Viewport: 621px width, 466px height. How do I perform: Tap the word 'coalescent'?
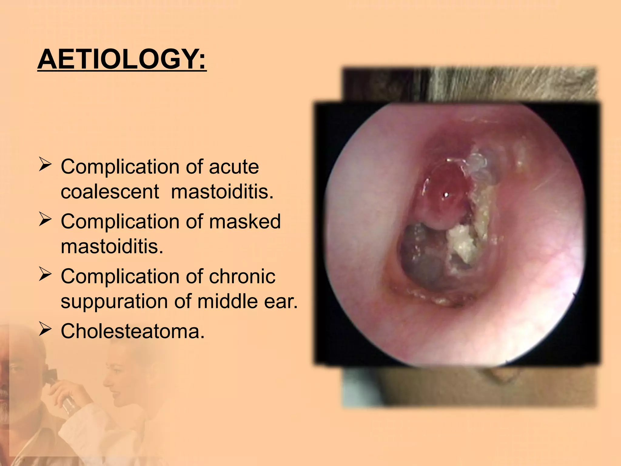tap(110, 192)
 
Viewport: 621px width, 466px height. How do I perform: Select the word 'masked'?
tap(245, 221)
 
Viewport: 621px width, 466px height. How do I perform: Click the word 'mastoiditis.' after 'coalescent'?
tap(222, 192)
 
